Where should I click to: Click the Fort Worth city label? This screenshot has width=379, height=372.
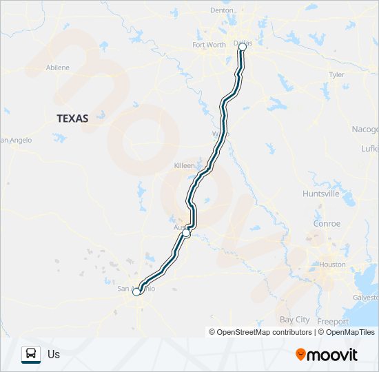pyautogui.click(x=209, y=45)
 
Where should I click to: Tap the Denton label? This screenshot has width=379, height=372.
pyautogui.click(x=222, y=10)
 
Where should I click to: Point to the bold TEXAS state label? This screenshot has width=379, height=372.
pyautogui.click(x=72, y=118)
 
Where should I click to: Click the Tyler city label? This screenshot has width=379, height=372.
pyautogui.click(x=336, y=74)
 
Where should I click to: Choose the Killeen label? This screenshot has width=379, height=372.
pyautogui.click(x=185, y=167)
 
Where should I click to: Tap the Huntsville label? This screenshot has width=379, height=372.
pyautogui.click(x=320, y=194)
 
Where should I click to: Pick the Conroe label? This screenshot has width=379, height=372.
pyautogui.click(x=327, y=223)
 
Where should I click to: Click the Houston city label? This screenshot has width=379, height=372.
pyautogui.click(x=333, y=265)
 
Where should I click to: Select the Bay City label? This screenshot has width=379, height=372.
pyautogui.click(x=295, y=320)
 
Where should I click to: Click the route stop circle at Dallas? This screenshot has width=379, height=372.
pyautogui.click(x=242, y=46)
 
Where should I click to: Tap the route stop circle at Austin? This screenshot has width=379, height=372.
pyautogui.click(x=186, y=234)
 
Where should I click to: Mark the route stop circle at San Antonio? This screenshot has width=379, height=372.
pyautogui.click(x=136, y=292)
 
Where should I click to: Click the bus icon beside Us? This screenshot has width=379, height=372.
pyautogui.click(x=31, y=354)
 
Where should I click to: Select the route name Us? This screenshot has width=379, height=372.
pyautogui.click(x=54, y=355)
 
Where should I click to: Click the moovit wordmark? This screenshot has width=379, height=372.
pyautogui.click(x=333, y=355)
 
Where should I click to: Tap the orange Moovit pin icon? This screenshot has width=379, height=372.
pyautogui.click(x=300, y=355)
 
